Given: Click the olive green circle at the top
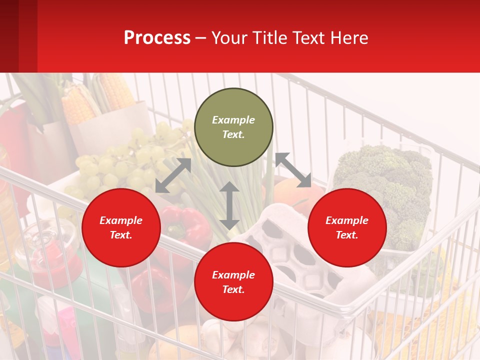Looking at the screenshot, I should (233, 127).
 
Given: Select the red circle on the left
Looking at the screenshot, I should (121, 228).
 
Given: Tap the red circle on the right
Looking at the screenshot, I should (347, 228).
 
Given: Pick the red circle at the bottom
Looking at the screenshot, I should (233, 282).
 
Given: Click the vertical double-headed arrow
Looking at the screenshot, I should (229, 205).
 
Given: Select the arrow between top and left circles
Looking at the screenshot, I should (173, 175).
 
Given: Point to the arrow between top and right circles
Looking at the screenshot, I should (293, 170).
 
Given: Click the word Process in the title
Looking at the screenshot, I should (157, 38).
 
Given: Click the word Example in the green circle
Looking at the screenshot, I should (233, 120).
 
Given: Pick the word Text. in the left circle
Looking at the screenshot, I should (121, 235).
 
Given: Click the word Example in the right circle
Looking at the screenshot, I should (347, 220).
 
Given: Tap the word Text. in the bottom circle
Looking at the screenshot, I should (233, 289).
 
